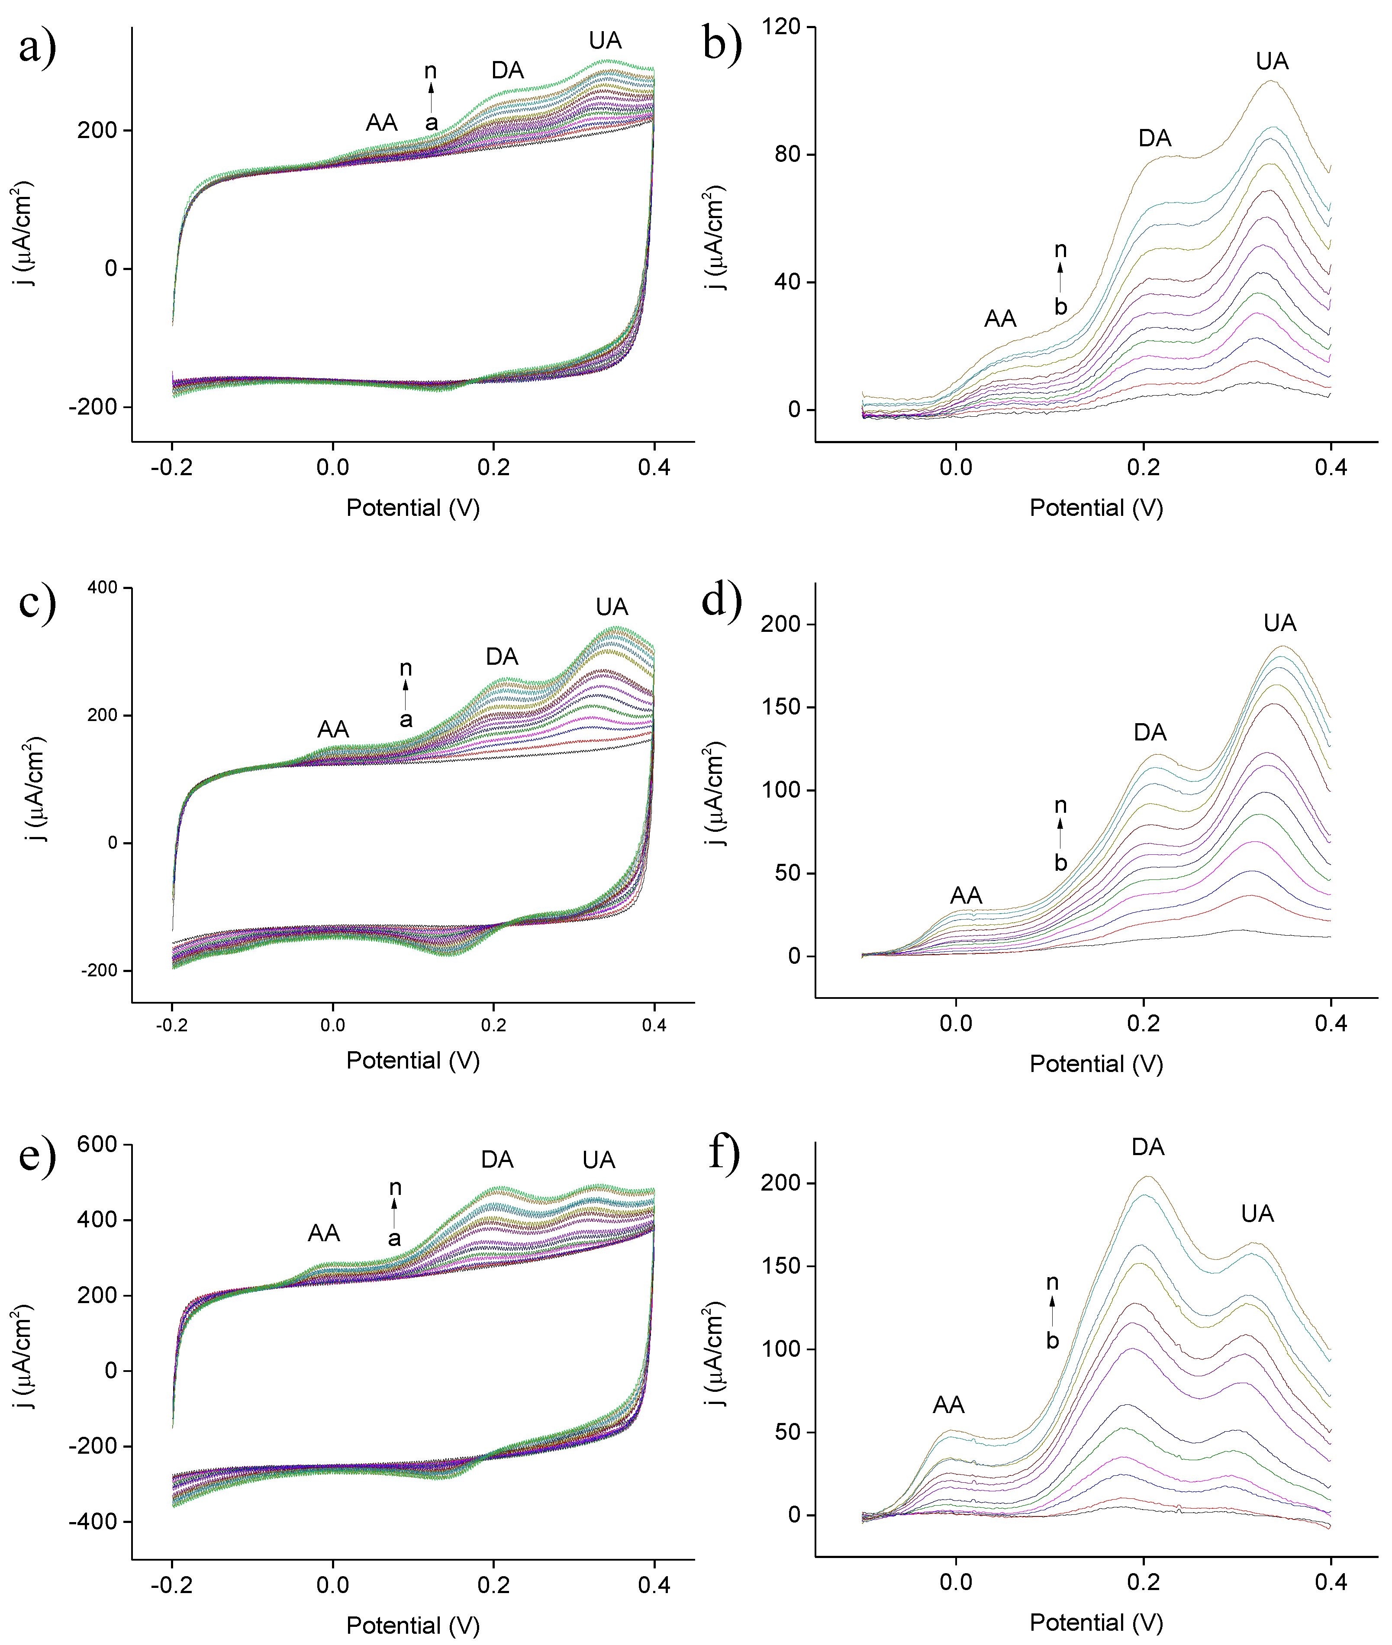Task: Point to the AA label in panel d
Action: pos(966,895)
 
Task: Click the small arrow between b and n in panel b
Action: pos(1060,278)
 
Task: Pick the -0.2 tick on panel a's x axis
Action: pos(171,468)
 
